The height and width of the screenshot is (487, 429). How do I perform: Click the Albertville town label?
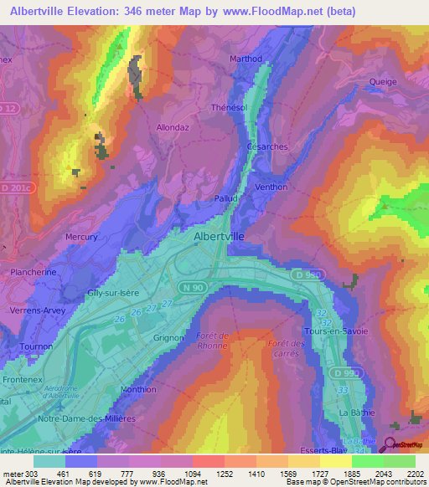(x=219, y=237)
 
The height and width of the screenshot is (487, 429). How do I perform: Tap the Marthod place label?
(x=246, y=59)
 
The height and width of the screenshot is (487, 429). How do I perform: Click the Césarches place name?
(x=267, y=146)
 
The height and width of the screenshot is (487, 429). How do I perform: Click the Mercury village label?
(x=81, y=237)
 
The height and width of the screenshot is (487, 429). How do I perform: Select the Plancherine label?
(x=32, y=272)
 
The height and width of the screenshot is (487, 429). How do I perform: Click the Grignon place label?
(x=168, y=338)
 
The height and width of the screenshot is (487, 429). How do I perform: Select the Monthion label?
(x=138, y=389)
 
